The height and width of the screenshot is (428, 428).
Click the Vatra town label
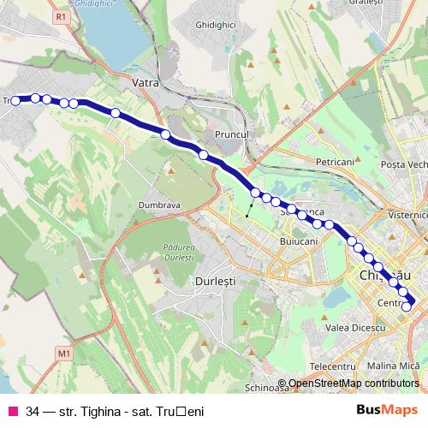tap(148, 83)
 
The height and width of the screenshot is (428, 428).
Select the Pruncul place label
tap(230, 135)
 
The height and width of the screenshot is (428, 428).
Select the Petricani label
tap(335, 161)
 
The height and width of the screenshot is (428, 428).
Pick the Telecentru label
tap(333, 366)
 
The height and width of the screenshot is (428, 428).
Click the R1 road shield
tap(59, 16)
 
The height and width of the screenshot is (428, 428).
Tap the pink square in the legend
tap(12, 411)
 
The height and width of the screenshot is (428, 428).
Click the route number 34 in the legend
tap(33, 411)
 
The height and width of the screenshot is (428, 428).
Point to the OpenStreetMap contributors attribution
tap(352, 383)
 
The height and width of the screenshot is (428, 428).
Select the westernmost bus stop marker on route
tap(15, 101)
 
